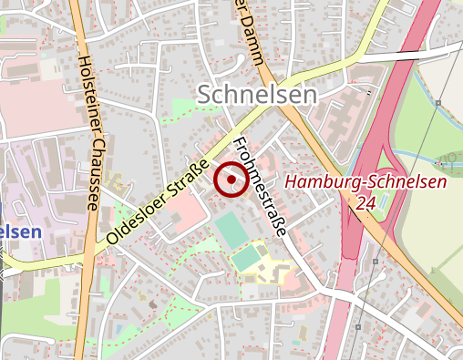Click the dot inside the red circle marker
(231, 180)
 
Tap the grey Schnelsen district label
(257, 94)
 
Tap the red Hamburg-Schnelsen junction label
(365, 182)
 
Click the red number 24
(367, 202)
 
